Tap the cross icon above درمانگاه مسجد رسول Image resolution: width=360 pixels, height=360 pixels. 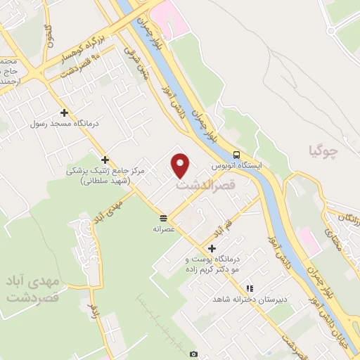64,112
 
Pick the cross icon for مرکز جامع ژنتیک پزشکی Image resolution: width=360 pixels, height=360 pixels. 105,160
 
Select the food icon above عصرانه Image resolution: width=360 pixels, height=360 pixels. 163,217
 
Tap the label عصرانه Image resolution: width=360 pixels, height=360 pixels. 164,229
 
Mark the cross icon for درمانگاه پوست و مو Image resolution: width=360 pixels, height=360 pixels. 212,247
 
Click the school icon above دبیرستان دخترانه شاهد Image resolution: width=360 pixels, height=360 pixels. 250,288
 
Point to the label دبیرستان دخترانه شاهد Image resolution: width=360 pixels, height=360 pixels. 242,300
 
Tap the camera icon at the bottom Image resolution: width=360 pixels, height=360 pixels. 193,354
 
